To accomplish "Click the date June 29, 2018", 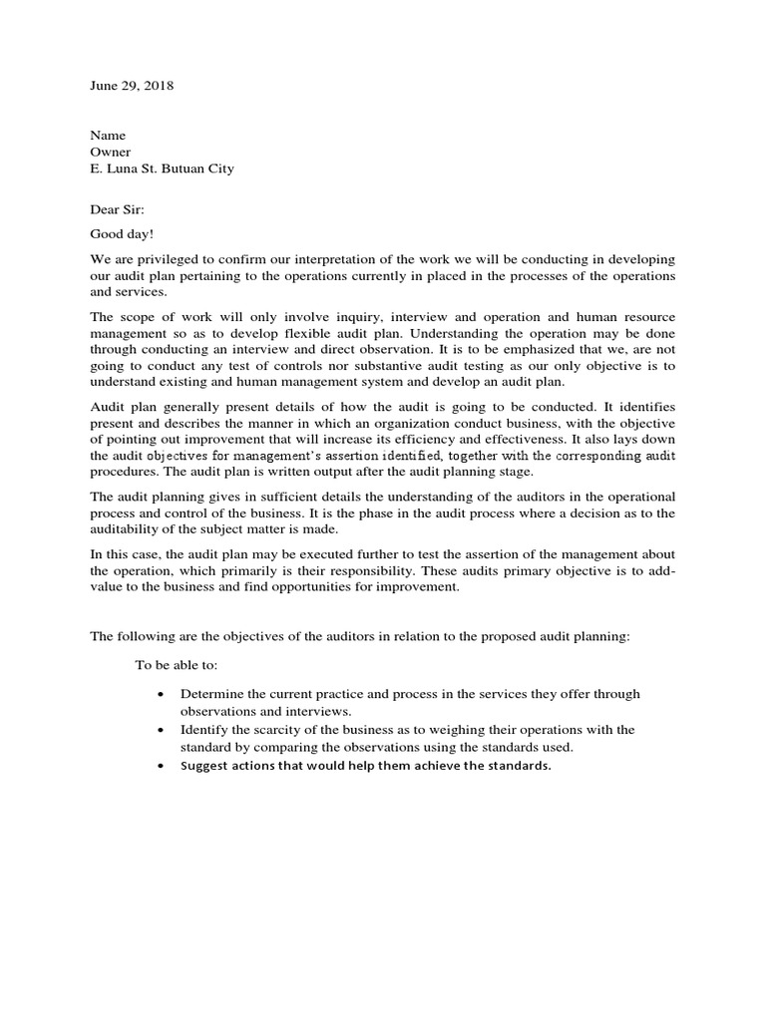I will click(132, 86).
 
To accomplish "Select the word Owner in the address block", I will click(111, 152).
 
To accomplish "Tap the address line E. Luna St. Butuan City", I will click(163, 169).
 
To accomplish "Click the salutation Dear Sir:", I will click(118, 209).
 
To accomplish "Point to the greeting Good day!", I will click(123, 233).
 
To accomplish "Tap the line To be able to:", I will click(176, 665).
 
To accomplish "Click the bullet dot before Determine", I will click(162, 694).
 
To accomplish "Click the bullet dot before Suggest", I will click(162, 766).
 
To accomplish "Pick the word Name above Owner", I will click(108, 135).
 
